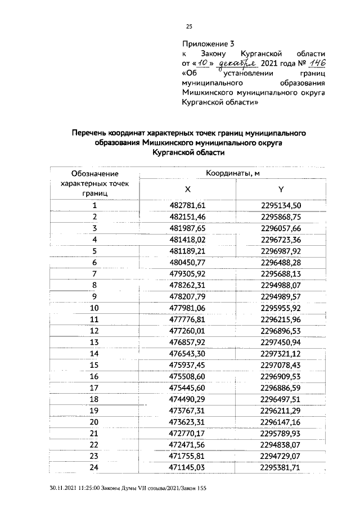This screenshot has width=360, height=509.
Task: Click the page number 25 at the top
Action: [x=189, y=26]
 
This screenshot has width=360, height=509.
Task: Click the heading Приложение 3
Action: [x=208, y=43]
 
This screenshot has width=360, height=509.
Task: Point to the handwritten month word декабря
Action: [x=231, y=64]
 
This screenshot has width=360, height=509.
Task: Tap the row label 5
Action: [x=95, y=251]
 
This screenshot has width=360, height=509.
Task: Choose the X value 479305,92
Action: [x=188, y=273]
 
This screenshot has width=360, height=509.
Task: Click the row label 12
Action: [x=94, y=331]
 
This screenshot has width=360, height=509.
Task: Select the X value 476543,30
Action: [x=188, y=353]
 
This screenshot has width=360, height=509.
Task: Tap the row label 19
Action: [x=94, y=411]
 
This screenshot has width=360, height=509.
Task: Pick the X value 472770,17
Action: [x=188, y=433]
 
